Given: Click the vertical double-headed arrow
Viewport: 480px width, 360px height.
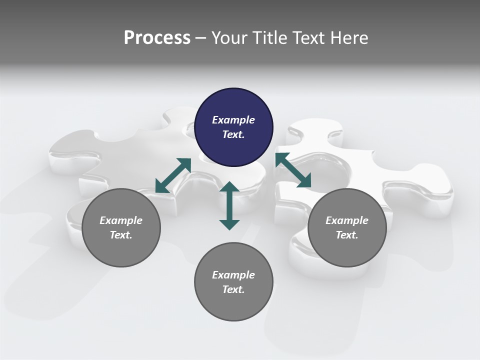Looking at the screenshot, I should [229, 205].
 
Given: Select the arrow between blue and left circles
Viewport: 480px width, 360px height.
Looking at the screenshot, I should [173, 175].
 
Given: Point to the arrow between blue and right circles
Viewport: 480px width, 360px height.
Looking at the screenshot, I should [293, 170].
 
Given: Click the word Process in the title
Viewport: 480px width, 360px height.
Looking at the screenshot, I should [157, 38].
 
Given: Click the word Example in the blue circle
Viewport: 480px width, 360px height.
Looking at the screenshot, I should [233, 120].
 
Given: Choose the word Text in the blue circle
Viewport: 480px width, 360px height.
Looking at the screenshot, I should [232, 134].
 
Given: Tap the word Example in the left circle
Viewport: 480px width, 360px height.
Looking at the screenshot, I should [121, 220].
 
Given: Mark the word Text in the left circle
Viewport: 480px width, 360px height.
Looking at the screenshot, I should [120, 235].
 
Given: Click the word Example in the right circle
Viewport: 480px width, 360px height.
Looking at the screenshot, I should [347, 220].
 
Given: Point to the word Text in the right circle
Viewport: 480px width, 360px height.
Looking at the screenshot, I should [346, 235].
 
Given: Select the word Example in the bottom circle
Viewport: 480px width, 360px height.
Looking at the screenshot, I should [233, 275].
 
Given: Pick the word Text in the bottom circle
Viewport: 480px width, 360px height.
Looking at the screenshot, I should [232, 289].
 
